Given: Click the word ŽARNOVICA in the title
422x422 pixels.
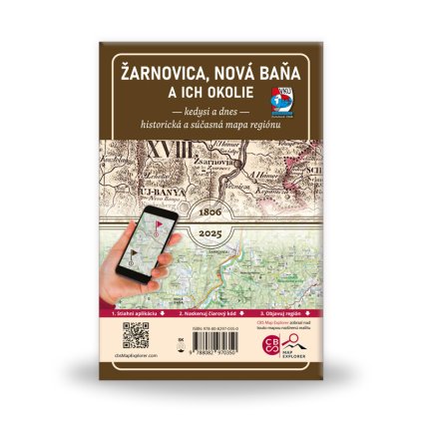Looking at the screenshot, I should (161, 72).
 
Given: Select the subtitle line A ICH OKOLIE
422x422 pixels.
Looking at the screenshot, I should (211, 92).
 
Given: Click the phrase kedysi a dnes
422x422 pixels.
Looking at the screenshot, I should (210, 110).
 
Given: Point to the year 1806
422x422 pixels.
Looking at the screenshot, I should (211, 213).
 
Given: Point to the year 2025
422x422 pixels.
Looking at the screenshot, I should (211, 231).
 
